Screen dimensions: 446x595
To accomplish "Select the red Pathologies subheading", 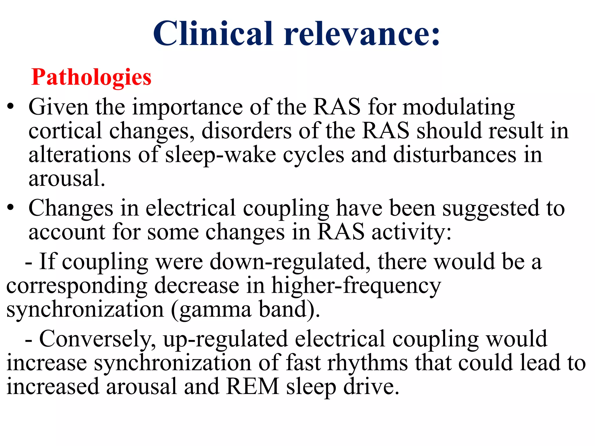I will [91, 77].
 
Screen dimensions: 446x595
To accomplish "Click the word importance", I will [187, 107].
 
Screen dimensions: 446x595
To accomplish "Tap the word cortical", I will [65, 131].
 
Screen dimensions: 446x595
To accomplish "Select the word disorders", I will [246, 131].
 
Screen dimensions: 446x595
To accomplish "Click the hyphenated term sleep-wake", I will [221, 155].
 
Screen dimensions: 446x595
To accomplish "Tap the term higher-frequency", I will [356, 286].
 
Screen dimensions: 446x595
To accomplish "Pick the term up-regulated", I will [225, 339].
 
